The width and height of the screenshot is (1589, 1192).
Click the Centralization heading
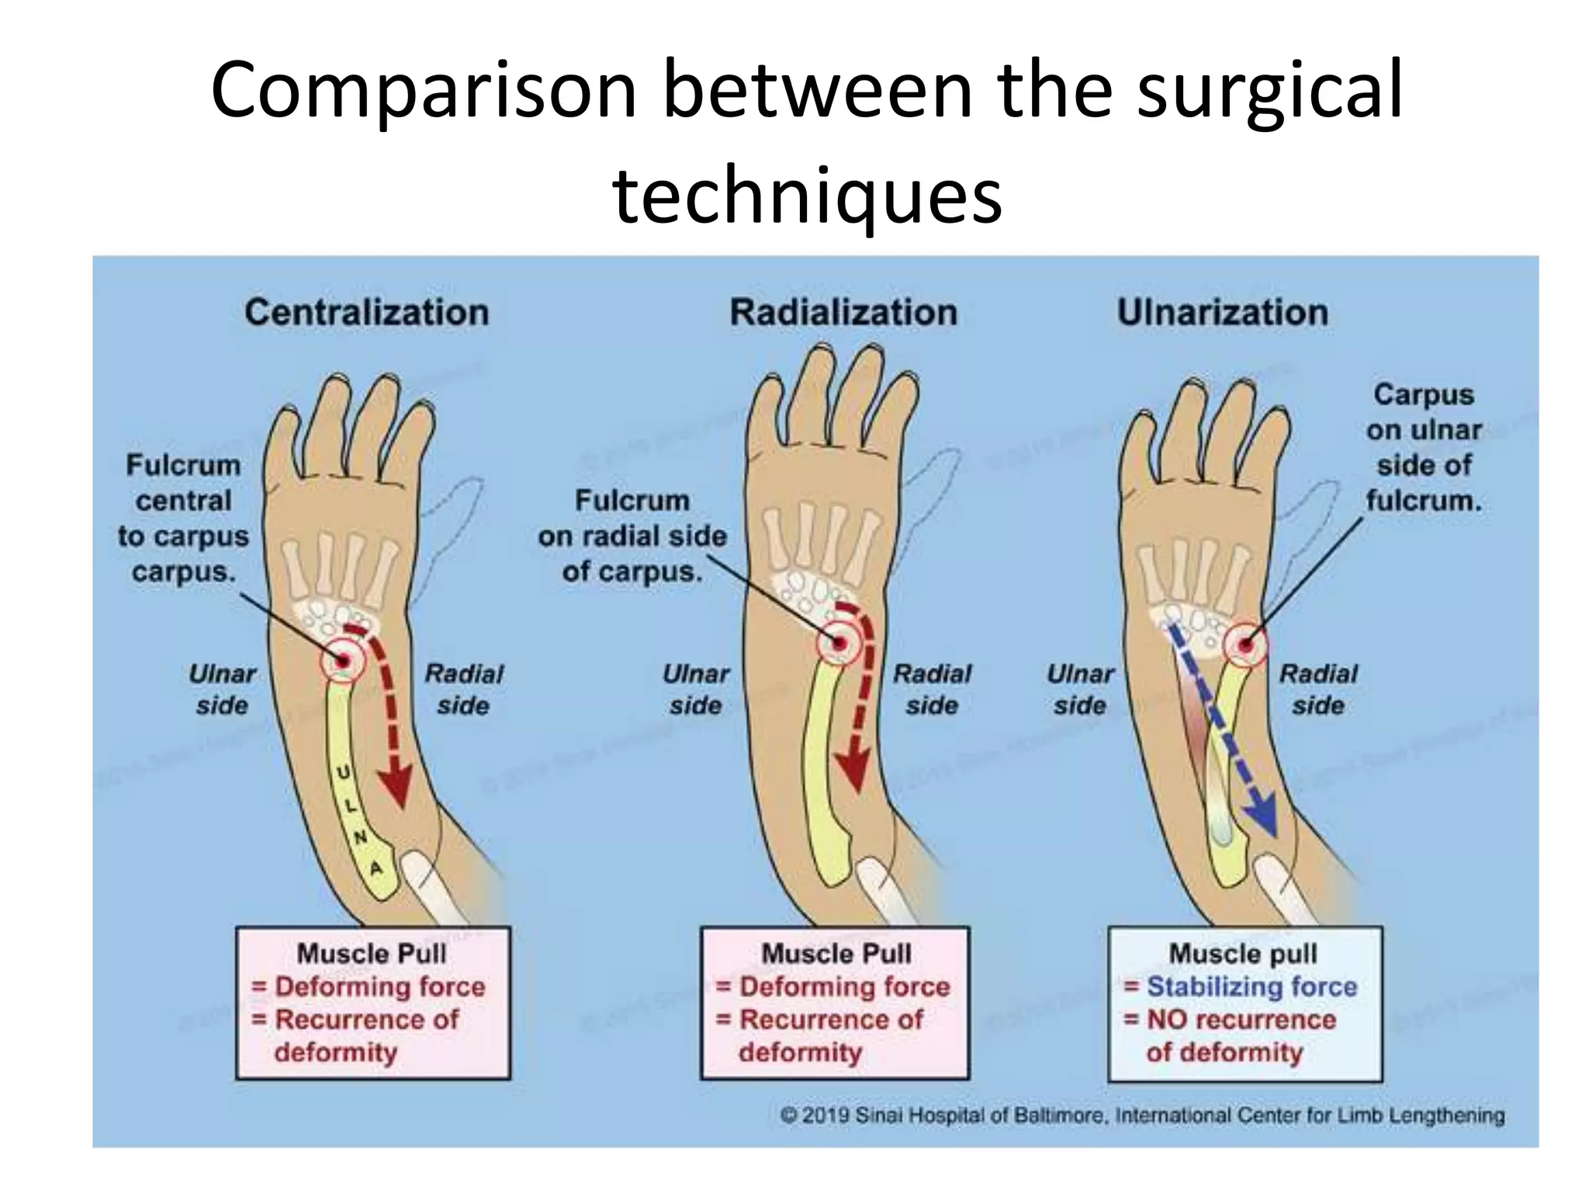click(366, 313)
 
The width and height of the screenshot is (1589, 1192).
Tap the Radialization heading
click(843, 313)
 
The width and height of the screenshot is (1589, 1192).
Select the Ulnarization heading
click(1222, 313)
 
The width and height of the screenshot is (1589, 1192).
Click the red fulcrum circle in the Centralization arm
click(342, 660)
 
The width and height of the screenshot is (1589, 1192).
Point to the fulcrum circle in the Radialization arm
click(839, 643)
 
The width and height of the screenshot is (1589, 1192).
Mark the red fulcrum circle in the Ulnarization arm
click(1245, 645)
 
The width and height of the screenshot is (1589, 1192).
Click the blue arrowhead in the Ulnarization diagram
click(1261, 823)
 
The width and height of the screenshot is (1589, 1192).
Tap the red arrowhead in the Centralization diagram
click(396, 788)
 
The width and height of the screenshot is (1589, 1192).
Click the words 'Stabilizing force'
click(1251, 986)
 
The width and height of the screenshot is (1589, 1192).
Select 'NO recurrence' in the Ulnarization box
click(1241, 1019)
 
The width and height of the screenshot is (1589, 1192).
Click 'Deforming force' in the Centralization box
click(380, 986)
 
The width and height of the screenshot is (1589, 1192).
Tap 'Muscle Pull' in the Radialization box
click(836, 953)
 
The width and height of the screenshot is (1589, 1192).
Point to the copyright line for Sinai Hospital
click(1141, 1115)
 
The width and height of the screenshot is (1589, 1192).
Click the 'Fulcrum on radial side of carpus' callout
click(632, 535)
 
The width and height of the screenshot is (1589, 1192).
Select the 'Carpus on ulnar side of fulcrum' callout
click(1424, 447)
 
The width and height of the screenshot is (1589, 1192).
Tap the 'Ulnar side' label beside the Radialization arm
click(695, 689)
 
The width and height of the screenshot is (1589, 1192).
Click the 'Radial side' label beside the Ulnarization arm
click(1318, 689)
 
